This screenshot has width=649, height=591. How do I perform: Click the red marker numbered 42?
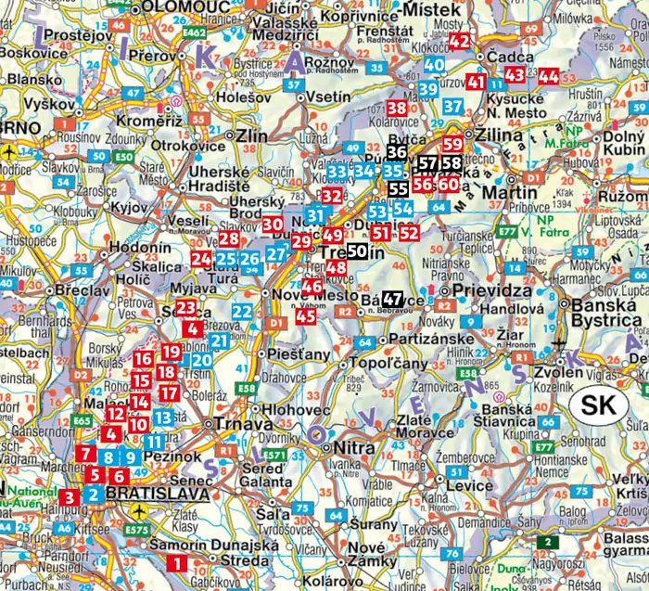[x=461, y=40]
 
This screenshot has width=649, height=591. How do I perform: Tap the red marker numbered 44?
[x=549, y=76]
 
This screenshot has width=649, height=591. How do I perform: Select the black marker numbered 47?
[x=393, y=299]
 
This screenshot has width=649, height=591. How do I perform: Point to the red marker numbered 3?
[x=70, y=497]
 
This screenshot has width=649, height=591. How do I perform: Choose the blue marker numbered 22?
[x=242, y=312]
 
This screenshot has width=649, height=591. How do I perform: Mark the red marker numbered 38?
[x=397, y=109]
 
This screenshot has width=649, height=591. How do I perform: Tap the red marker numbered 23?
[x=185, y=308]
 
